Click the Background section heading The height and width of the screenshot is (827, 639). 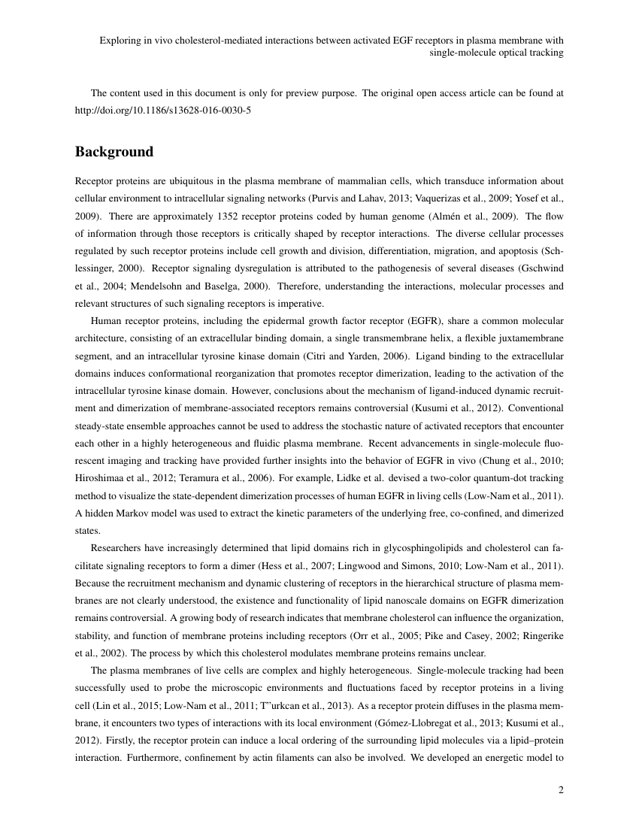pos(114,152)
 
